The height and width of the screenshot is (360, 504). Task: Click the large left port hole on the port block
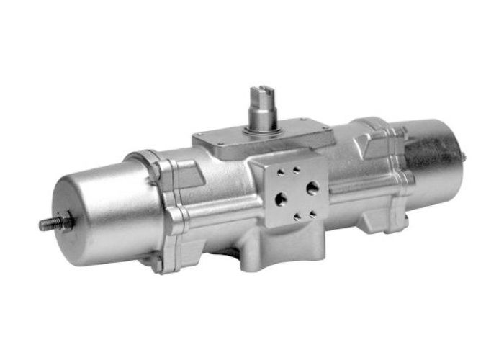(x=282, y=195)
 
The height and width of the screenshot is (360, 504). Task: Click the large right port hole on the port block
(x=312, y=187)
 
